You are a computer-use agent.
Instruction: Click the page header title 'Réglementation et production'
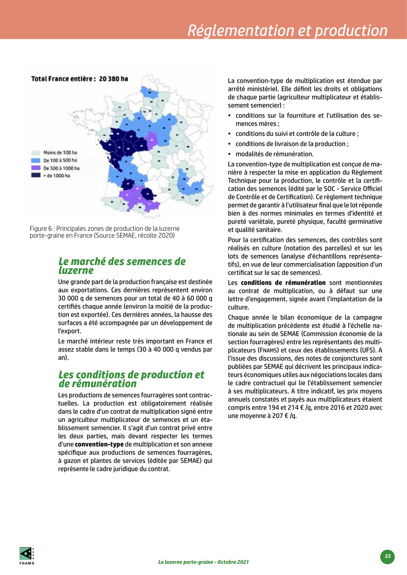[287, 30]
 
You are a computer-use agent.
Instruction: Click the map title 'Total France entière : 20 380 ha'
[79, 79]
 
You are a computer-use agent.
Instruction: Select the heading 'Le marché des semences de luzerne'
[122, 266]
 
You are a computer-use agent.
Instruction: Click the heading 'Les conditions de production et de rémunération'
[131, 379]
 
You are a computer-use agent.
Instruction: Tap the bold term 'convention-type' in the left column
[99, 445]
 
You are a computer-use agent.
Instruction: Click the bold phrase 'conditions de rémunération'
[283, 283]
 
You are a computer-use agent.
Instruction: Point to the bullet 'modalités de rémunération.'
[274, 154]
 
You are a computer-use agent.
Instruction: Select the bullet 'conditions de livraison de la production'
[292, 144]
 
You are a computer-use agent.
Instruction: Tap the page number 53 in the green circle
[388, 556]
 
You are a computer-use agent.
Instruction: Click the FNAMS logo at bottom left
[27, 555]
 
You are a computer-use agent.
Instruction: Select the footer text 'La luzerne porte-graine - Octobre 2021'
[203, 562]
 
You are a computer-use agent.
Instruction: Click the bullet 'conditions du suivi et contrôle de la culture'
[297, 134]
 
